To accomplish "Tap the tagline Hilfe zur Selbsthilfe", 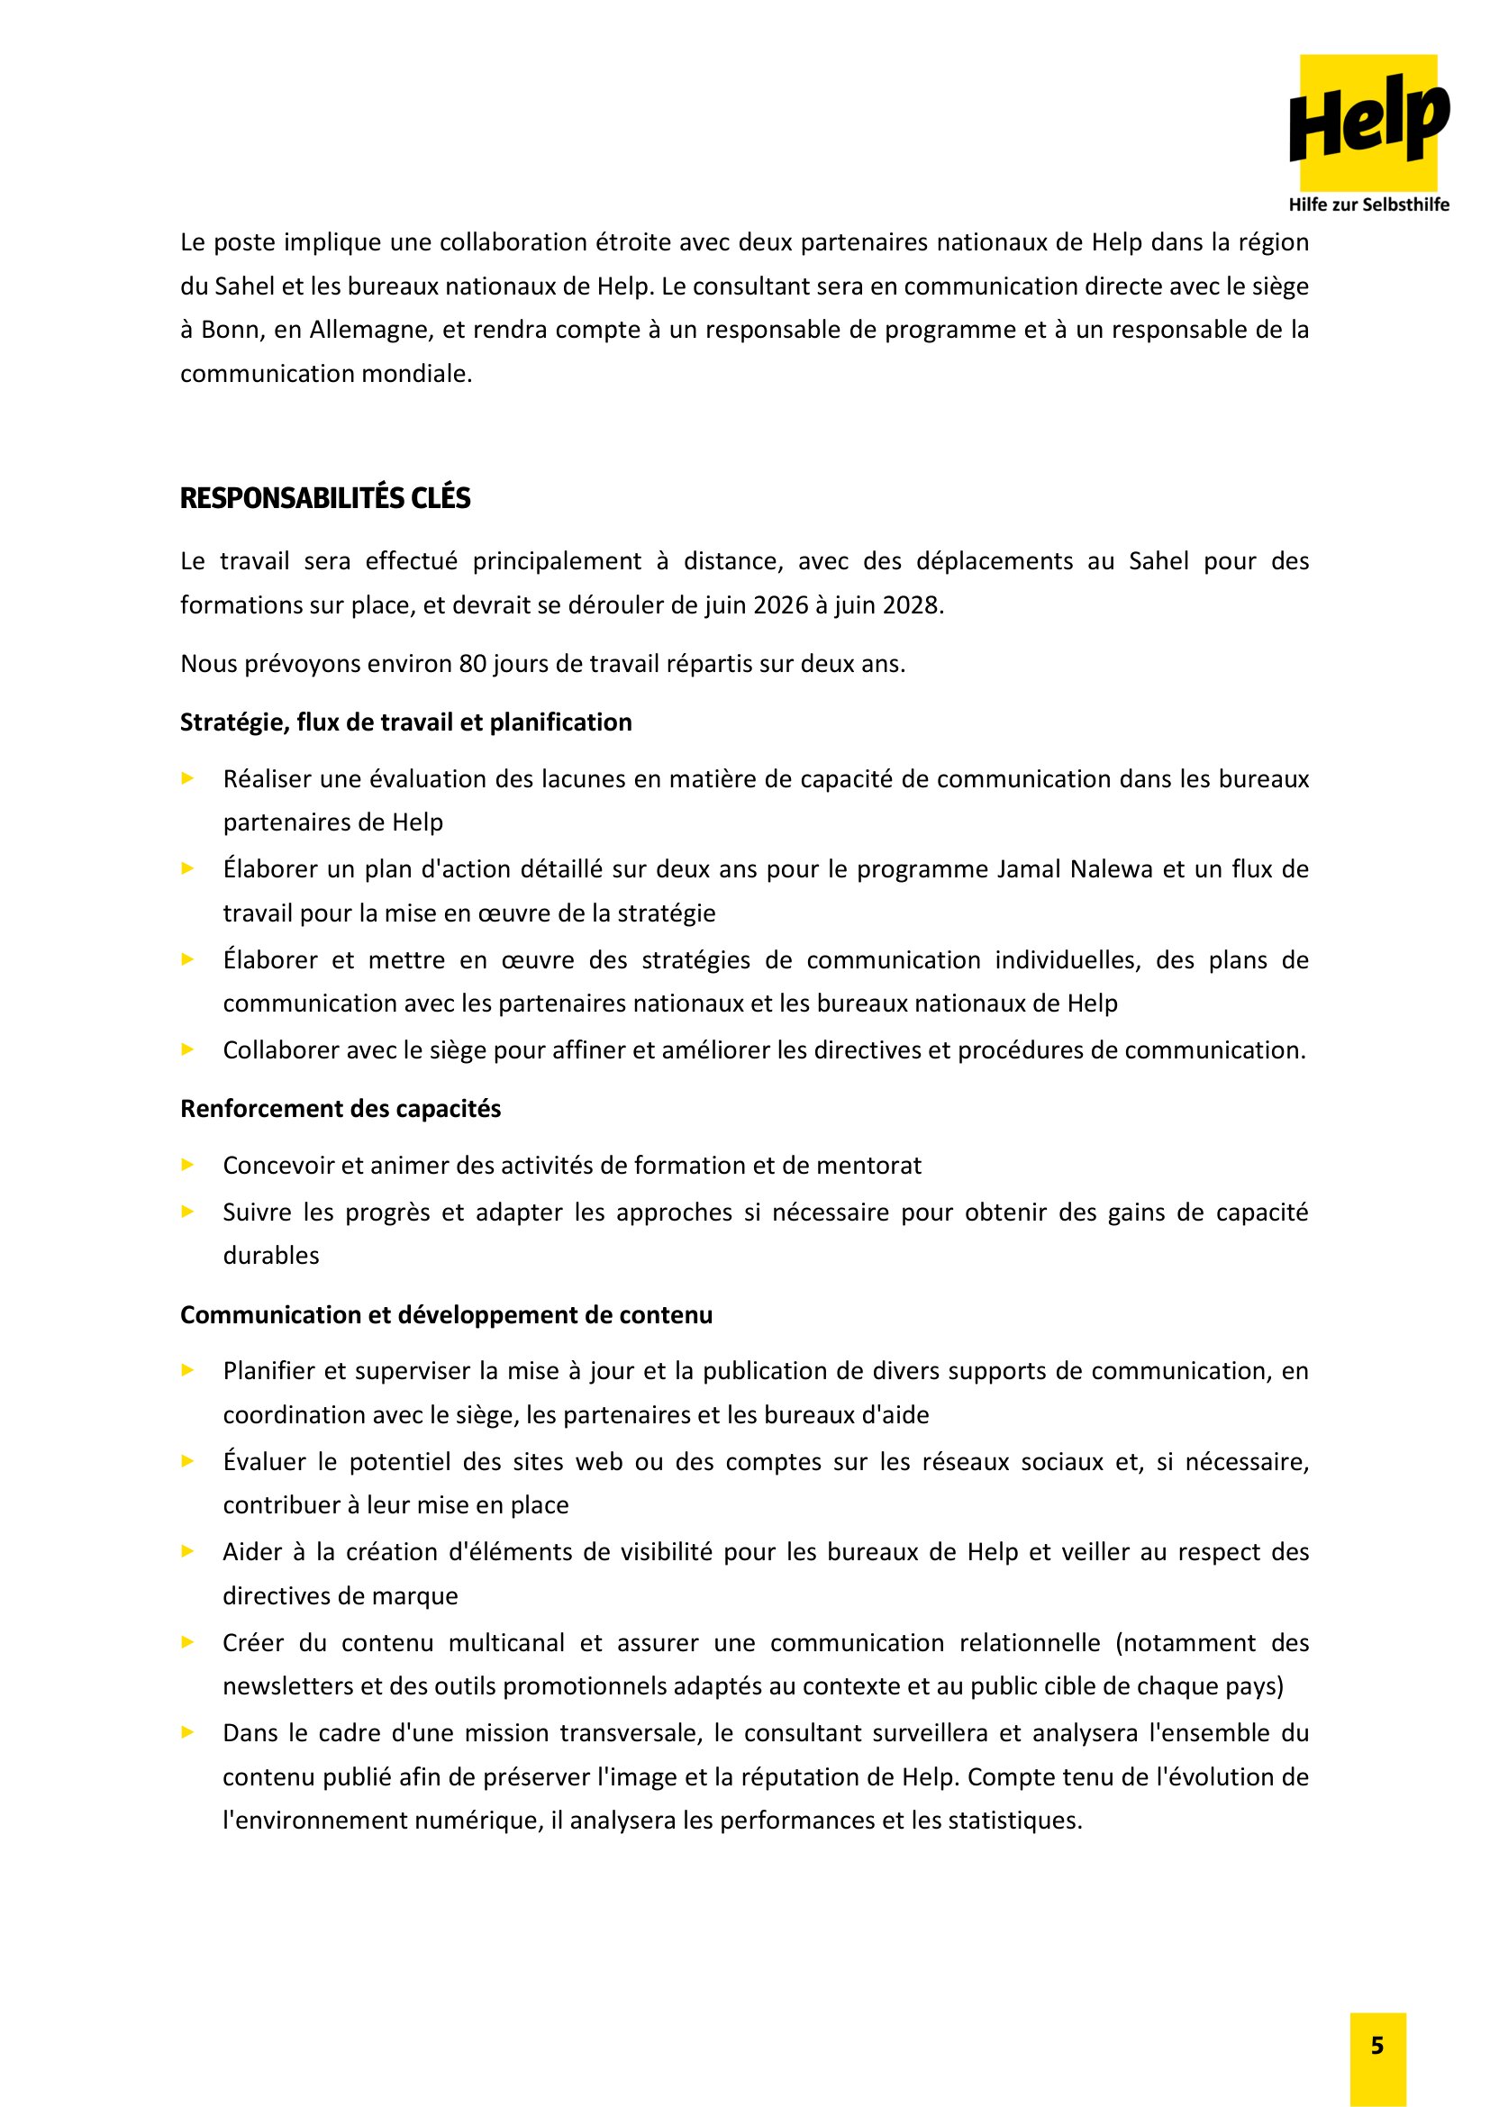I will [x=1368, y=204].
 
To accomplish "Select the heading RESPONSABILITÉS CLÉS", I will [x=325, y=498].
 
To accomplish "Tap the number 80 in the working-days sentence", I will [x=473, y=664].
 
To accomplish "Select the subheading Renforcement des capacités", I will [x=341, y=1109].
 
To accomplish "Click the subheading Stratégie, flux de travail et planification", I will [x=405, y=722].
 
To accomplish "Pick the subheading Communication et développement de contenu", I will [x=446, y=1315].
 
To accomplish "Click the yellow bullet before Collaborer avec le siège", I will [x=188, y=1049].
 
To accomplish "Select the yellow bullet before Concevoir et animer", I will [x=188, y=1166].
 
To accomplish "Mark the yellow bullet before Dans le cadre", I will [x=188, y=1732].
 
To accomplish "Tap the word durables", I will [x=270, y=1256].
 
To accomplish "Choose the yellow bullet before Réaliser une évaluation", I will [x=188, y=779].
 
